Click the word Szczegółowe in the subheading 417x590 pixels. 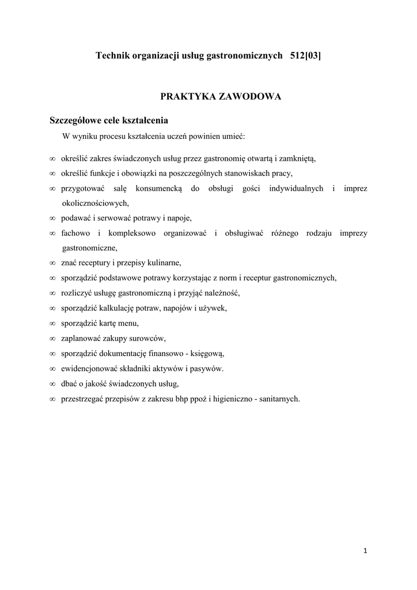(x=76, y=121)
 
